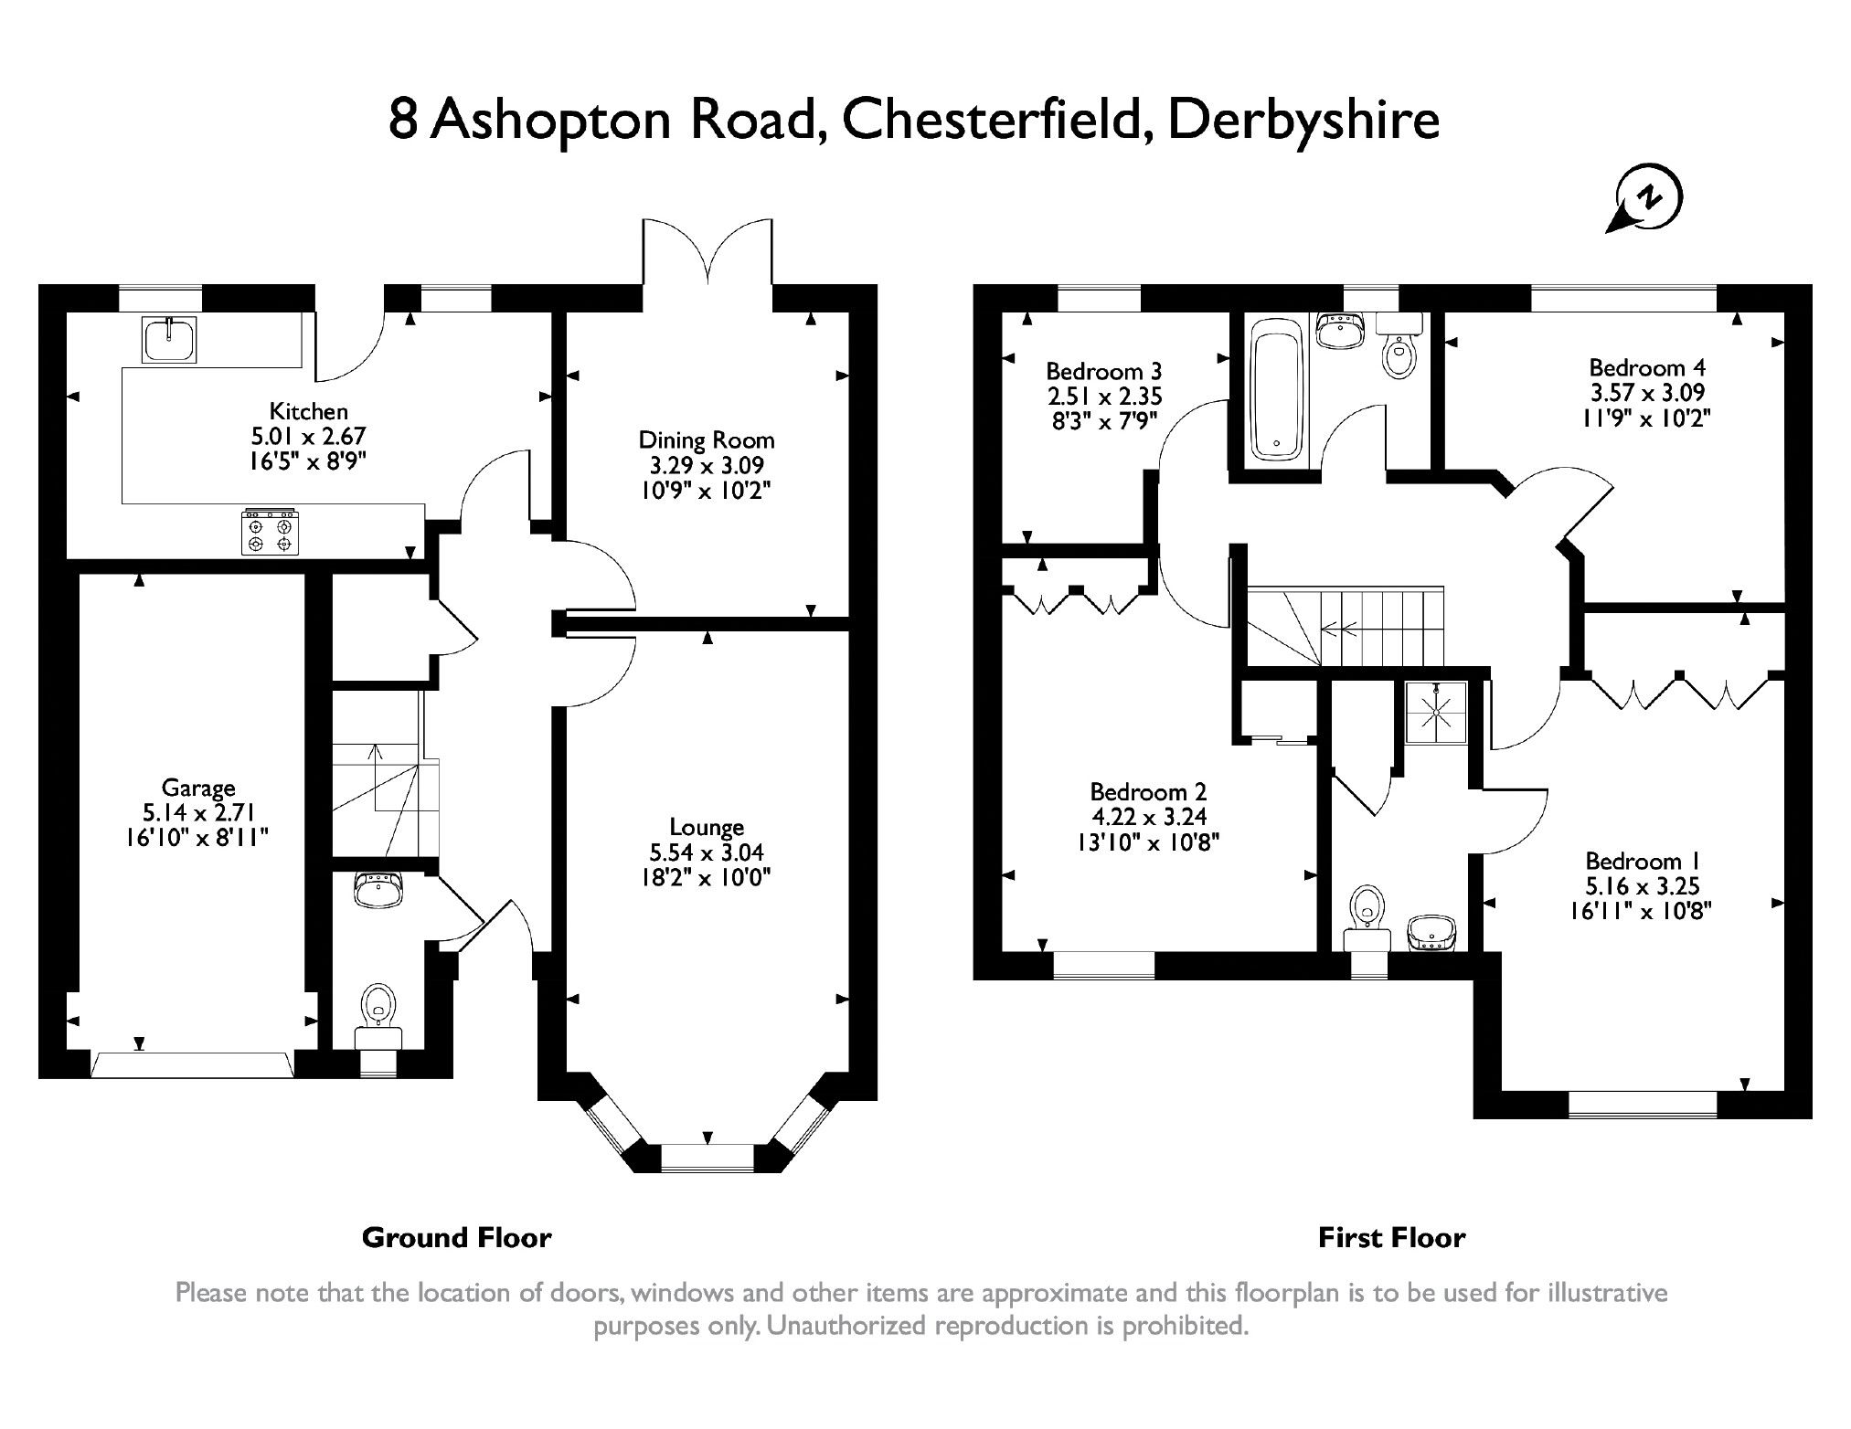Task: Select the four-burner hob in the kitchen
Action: tap(270, 533)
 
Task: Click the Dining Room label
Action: tap(706, 440)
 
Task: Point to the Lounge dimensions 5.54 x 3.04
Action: tap(706, 852)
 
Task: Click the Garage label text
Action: tap(197, 788)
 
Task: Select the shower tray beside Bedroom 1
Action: tap(1436, 713)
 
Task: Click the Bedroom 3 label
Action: tap(1103, 372)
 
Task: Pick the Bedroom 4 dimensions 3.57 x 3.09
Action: tap(1646, 393)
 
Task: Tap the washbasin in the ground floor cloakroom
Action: tap(378, 890)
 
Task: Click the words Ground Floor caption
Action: tap(456, 1238)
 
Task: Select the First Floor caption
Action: tap(1391, 1238)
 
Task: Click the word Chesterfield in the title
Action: tap(992, 121)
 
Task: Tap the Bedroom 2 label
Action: tap(1147, 792)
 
